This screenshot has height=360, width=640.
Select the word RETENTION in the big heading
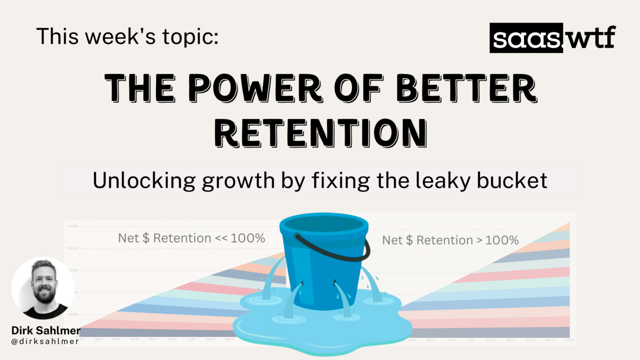[323, 132]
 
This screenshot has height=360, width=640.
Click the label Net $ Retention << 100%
[191, 238]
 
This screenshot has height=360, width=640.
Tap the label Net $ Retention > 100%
[450, 241]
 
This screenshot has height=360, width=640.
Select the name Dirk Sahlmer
[46, 330]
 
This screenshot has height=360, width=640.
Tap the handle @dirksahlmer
[45, 341]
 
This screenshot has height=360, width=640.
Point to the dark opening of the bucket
[323, 229]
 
